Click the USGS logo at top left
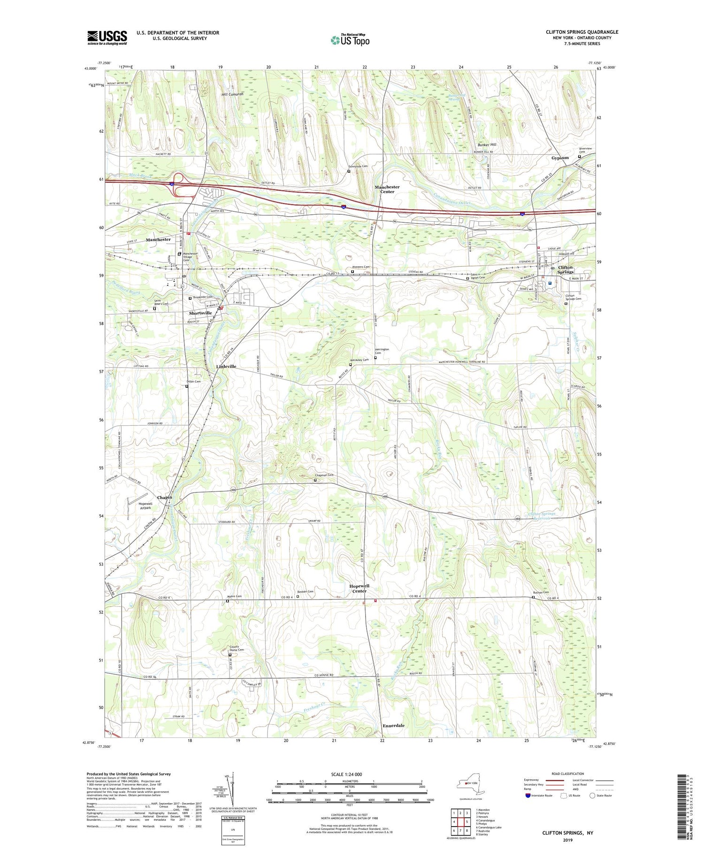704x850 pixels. click(107, 38)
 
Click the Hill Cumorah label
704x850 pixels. click(233, 94)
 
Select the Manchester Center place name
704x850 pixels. click(387, 189)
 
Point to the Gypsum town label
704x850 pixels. click(560, 158)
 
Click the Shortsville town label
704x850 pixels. click(200, 313)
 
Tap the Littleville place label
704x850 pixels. click(226, 366)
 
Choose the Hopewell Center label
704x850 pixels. click(360, 588)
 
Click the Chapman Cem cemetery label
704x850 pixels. click(324, 475)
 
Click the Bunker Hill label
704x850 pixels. click(487, 144)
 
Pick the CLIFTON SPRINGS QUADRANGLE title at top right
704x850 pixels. click(582, 32)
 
